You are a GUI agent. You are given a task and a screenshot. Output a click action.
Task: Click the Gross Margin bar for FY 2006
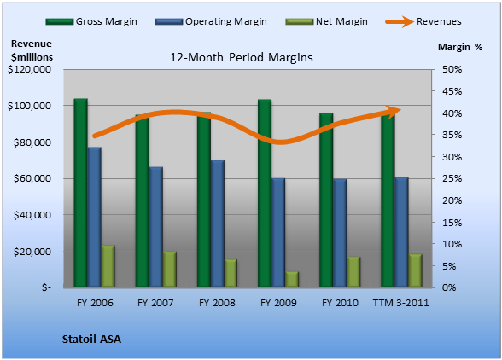[x=80, y=193]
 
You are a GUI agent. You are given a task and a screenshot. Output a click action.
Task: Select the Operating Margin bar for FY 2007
[x=156, y=227]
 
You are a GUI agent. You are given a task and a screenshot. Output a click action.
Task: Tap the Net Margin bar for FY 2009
[x=292, y=279]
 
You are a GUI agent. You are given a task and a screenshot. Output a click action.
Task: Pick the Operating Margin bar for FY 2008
[x=218, y=224]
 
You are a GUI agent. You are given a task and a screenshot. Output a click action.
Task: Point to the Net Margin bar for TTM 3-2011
[x=415, y=270]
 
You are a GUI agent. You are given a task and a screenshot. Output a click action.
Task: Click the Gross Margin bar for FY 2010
[x=326, y=200]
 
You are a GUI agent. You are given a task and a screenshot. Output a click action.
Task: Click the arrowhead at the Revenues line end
[x=394, y=112]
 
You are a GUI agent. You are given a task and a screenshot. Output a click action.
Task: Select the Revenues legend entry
[x=423, y=21]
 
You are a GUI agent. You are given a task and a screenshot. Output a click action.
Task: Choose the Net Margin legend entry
[x=326, y=21]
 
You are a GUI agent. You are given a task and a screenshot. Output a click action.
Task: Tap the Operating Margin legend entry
[x=211, y=21]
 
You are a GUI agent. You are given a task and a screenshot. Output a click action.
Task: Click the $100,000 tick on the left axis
[x=29, y=106]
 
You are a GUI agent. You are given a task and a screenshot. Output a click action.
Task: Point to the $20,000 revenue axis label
[x=32, y=252]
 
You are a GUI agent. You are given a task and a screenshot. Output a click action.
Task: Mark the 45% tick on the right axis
[x=452, y=91]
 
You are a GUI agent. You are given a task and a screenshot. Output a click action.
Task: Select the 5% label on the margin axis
[x=449, y=266]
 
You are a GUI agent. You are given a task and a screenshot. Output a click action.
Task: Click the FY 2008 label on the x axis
[x=217, y=303]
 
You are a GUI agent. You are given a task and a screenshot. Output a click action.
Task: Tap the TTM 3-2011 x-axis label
[x=401, y=303]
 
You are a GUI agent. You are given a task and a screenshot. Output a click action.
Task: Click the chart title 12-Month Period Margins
[x=242, y=58]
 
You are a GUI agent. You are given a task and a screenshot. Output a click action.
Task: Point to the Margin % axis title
[x=460, y=47]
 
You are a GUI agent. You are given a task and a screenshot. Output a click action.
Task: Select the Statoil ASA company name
[x=91, y=340]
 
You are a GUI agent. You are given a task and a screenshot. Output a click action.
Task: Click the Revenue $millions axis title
[x=32, y=50]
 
